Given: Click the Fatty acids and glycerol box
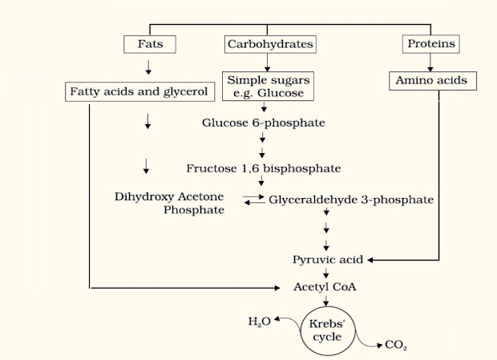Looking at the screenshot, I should tap(139, 91).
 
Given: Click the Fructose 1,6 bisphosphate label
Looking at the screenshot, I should tap(264, 168).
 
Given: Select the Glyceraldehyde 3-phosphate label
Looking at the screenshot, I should tap(351, 199).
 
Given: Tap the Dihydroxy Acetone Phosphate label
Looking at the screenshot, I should tap(169, 203).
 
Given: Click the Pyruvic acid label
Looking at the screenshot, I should tap(329, 260).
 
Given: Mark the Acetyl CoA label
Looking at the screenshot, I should tap(325, 286).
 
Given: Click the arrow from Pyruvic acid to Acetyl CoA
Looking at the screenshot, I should tap(325, 273).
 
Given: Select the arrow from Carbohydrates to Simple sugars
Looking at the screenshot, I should tap(264, 63).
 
